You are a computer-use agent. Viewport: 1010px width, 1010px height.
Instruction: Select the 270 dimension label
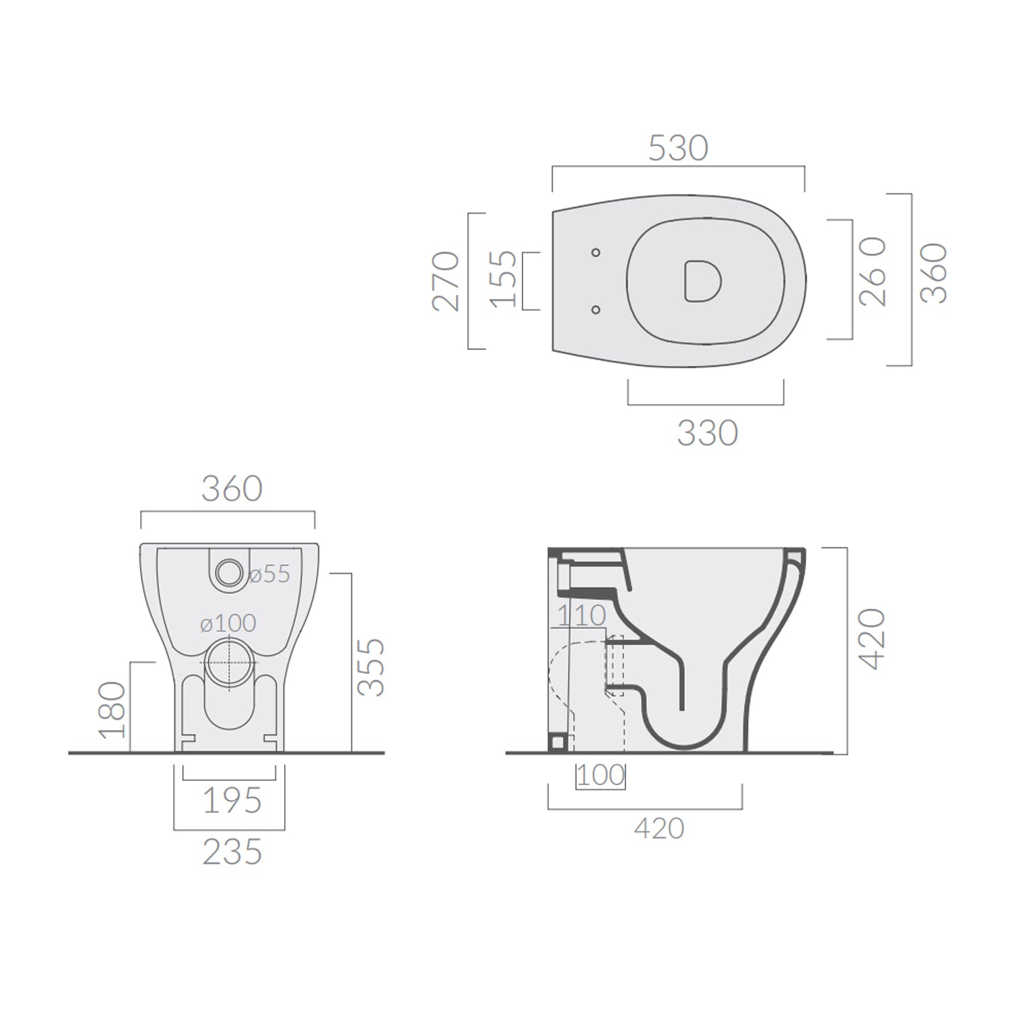(x=446, y=281)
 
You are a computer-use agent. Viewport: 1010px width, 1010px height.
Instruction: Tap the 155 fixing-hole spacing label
(x=504, y=279)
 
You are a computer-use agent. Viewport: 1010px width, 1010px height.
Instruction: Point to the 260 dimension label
(x=873, y=272)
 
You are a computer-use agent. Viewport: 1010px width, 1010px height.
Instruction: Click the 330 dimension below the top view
(x=707, y=434)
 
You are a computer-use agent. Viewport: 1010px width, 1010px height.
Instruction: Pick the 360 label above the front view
(x=232, y=489)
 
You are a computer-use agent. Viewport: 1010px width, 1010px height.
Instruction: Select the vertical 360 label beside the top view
(x=934, y=273)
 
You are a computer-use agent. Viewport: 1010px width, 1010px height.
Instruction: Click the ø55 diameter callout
(x=269, y=574)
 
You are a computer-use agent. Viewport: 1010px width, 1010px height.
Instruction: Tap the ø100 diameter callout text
(x=228, y=624)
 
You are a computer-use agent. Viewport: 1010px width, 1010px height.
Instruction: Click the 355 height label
(x=371, y=667)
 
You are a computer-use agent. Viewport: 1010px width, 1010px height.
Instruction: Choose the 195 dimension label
(x=232, y=801)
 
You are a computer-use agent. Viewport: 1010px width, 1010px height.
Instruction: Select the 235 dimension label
(x=232, y=852)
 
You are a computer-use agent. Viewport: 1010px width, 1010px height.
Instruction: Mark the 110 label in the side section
(x=581, y=615)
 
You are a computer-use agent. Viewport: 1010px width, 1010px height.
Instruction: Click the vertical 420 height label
(x=873, y=638)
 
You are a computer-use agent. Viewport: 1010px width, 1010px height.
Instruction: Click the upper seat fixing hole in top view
(x=595, y=252)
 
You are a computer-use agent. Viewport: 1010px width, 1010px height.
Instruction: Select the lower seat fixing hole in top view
(x=595, y=310)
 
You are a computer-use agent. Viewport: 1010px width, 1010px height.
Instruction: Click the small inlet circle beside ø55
(x=229, y=572)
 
